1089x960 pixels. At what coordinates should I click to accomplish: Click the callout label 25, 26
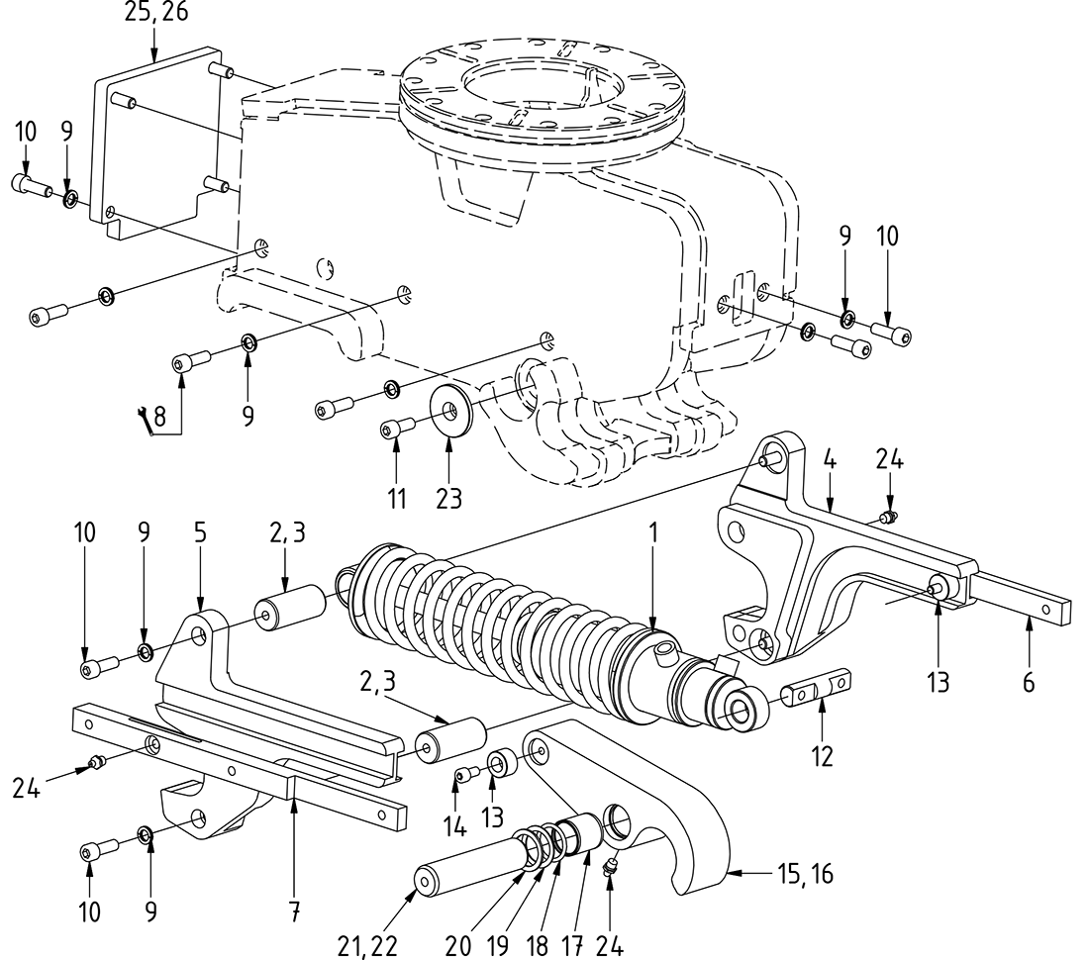tap(155, 13)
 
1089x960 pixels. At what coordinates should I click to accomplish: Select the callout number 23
tap(449, 498)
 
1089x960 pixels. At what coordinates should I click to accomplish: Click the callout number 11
tap(397, 498)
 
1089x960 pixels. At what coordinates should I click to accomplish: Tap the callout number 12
tap(821, 756)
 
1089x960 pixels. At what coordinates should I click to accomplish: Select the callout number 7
tap(294, 910)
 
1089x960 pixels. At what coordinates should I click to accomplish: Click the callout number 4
tap(831, 460)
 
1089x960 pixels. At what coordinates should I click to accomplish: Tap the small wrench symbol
tap(145, 421)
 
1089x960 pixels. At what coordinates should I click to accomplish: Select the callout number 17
tap(573, 945)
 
